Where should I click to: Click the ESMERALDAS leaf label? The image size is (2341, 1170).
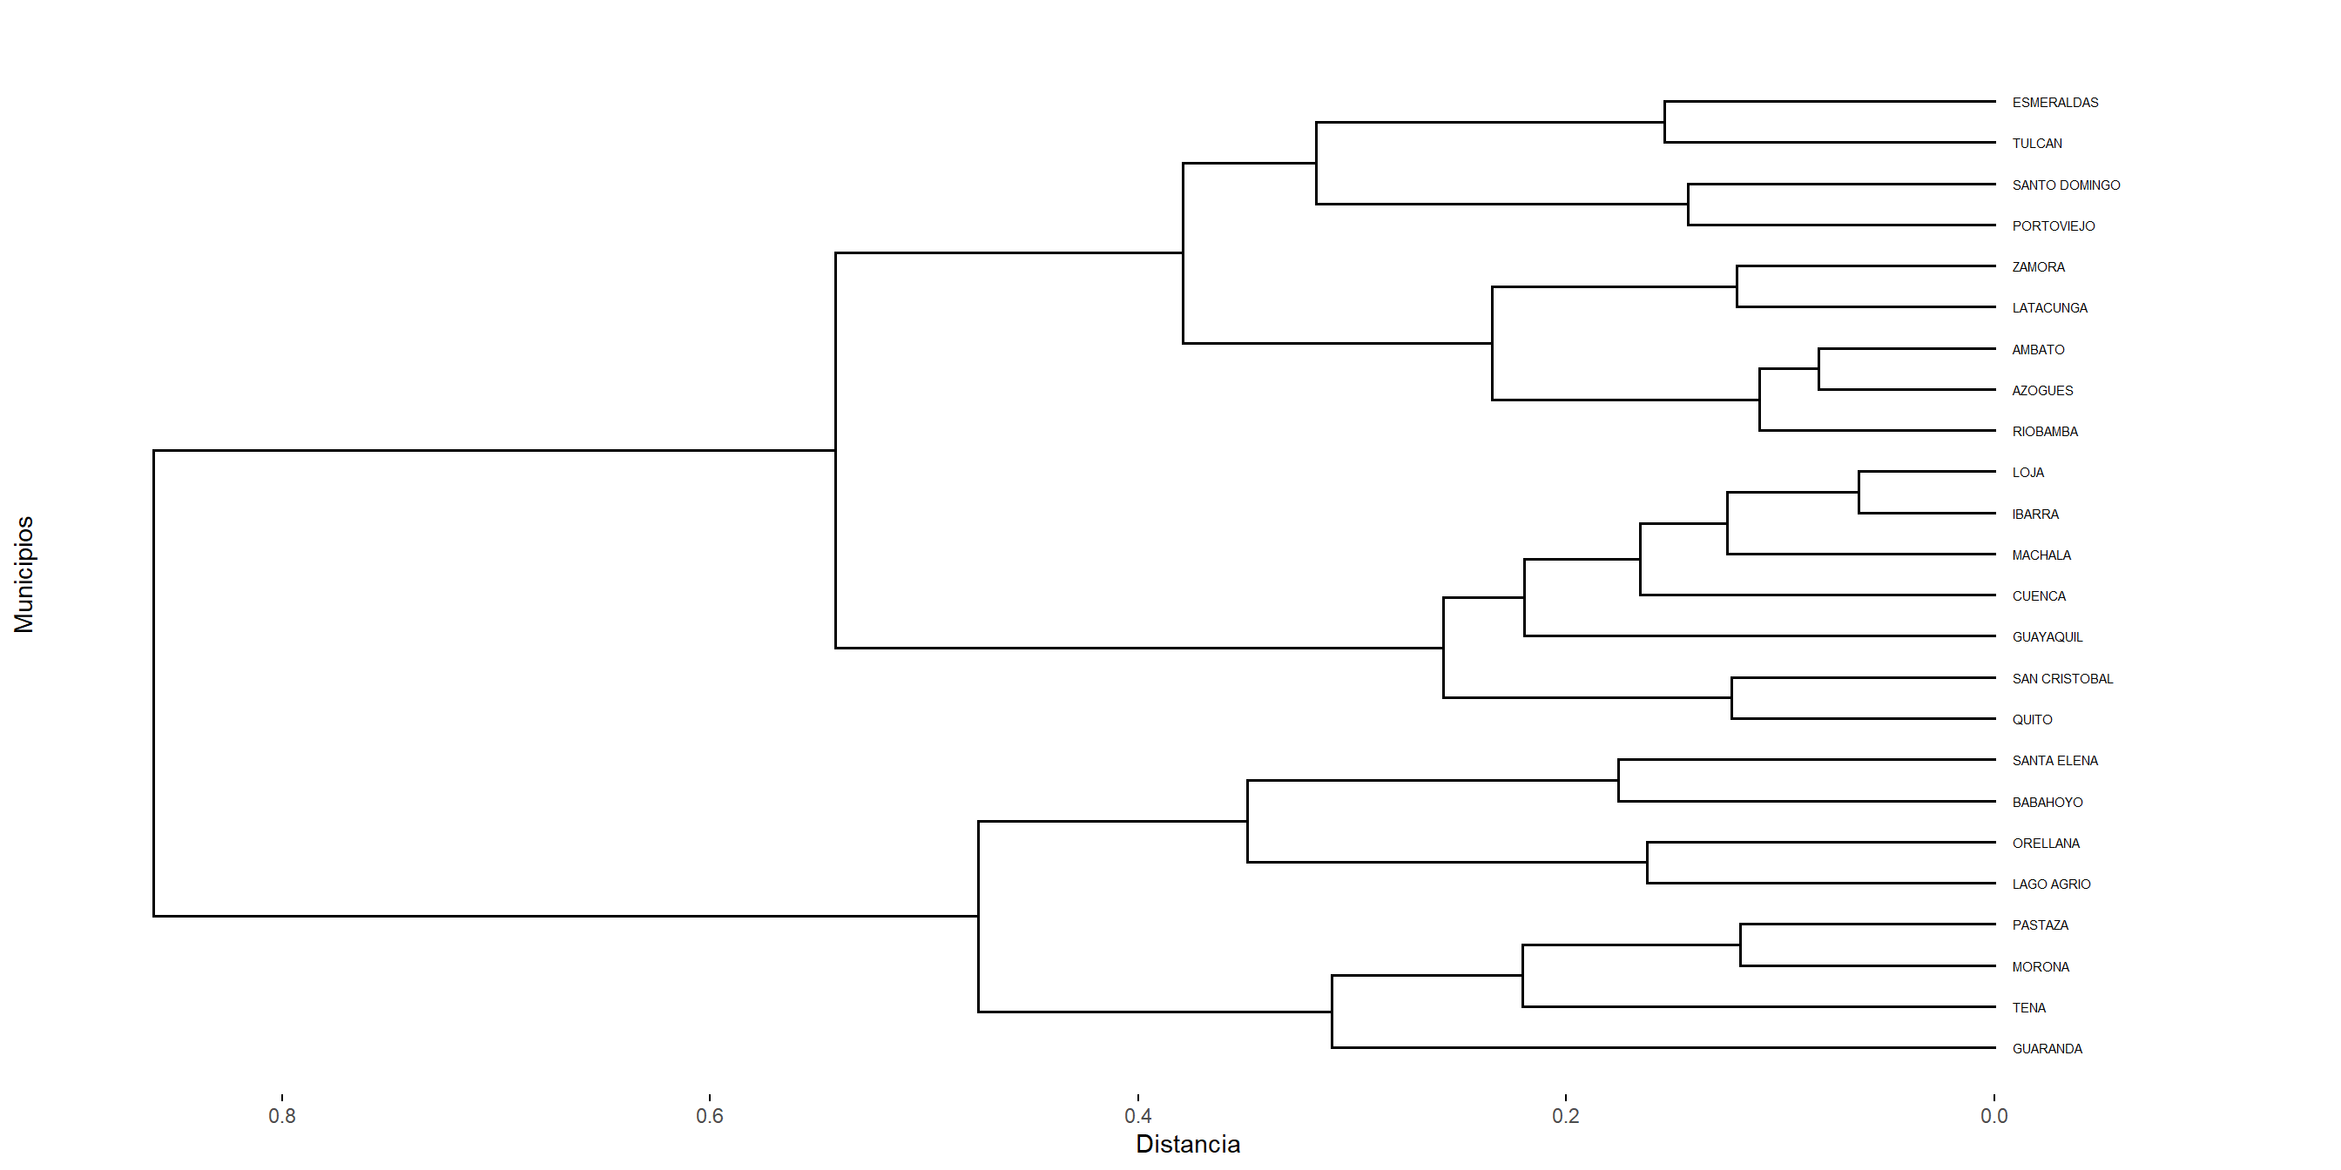pyautogui.click(x=2054, y=103)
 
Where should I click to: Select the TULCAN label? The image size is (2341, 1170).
pyautogui.click(x=2036, y=144)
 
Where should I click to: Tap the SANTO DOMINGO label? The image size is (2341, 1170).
pyautogui.click(x=2065, y=185)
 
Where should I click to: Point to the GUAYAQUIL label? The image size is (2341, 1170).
pyautogui.click(x=2047, y=636)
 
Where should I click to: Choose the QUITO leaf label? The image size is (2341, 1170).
pyautogui.click(x=2031, y=719)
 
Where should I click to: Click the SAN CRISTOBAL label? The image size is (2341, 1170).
pyautogui.click(x=2061, y=678)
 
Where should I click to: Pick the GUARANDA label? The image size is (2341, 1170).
pyautogui.click(x=2047, y=1048)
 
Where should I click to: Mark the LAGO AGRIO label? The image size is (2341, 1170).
pyautogui.click(x=2050, y=884)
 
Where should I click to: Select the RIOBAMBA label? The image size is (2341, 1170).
pyautogui.click(x=2044, y=432)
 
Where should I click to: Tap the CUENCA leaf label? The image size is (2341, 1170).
pyautogui.click(x=2039, y=596)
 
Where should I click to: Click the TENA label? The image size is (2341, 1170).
pyautogui.click(x=2028, y=1007)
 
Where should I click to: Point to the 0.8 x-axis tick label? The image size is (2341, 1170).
pyautogui.click(x=281, y=1115)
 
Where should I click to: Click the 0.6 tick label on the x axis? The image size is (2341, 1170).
pyautogui.click(x=710, y=1115)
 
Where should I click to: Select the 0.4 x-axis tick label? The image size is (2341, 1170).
pyautogui.click(x=1137, y=1115)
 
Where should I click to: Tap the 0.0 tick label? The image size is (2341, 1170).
pyautogui.click(x=1994, y=1115)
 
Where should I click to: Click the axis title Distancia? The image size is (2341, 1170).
pyautogui.click(x=1188, y=1145)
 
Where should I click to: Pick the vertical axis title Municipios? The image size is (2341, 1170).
pyautogui.click(x=24, y=574)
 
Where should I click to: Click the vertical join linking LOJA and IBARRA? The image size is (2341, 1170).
pyautogui.click(x=1859, y=493)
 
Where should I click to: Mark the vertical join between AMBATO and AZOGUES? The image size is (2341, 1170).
pyautogui.click(x=1818, y=370)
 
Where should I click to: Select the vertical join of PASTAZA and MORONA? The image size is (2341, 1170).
pyautogui.click(x=1740, y=945)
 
